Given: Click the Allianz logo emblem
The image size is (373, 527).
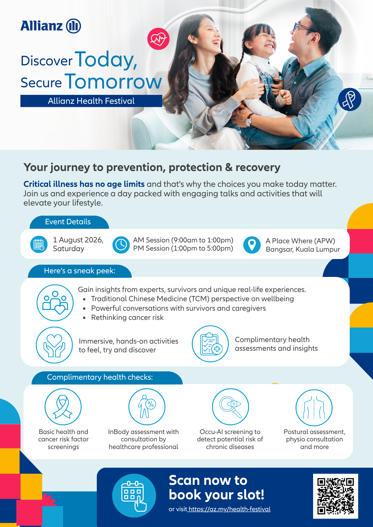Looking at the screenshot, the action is (73, 26).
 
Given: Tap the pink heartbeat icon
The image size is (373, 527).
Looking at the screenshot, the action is (158, 39).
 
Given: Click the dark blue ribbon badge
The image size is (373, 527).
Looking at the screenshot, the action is (350, 99).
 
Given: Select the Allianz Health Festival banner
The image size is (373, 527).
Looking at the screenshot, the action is (91, 101).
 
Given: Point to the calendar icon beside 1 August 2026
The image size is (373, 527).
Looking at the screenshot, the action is (39, 245).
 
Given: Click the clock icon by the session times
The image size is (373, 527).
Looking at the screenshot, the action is (121, 245).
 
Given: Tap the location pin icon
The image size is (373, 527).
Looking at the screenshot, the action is (252, 245).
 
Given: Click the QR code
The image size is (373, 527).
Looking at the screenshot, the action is (336, 496).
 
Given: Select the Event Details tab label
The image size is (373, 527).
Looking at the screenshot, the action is (68, 222).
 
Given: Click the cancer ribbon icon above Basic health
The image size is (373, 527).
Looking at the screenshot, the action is (63, 407).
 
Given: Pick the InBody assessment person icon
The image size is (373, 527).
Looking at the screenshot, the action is (147, 407).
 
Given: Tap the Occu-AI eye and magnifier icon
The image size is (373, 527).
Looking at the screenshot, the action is (231, 407).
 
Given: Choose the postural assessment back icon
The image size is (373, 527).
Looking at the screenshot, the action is (314, 408).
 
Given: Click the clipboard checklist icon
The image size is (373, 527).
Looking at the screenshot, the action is (210, 344).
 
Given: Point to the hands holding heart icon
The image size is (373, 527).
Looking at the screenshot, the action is (54, 345).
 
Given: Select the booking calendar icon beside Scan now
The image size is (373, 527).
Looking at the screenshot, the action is (134, 496).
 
